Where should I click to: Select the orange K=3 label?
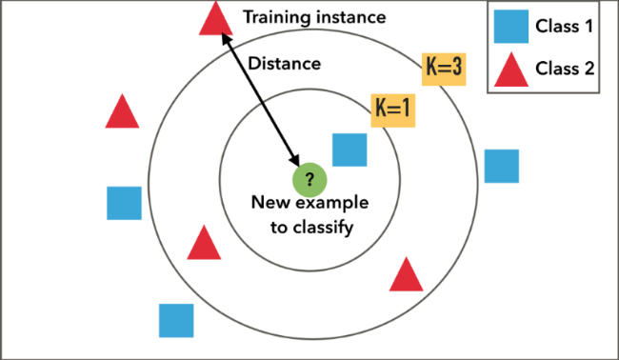click(x=444, y=70)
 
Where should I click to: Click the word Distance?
click(x=284, y=64)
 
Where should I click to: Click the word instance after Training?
click(x=353, y=17)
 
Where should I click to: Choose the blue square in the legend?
click(x=511, y=27)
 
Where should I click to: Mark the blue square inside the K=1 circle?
click(x=349, y=150)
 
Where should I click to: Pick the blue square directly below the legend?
click(x=502, y=166)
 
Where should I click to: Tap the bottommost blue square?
click(x=176, y=321)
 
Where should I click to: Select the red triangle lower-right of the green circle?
click(x=407, y=276)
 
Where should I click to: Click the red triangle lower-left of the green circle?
click(x=204, y=245)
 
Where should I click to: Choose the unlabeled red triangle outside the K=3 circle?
click(x=122, y=113)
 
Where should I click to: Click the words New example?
click(x=309, y=203)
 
